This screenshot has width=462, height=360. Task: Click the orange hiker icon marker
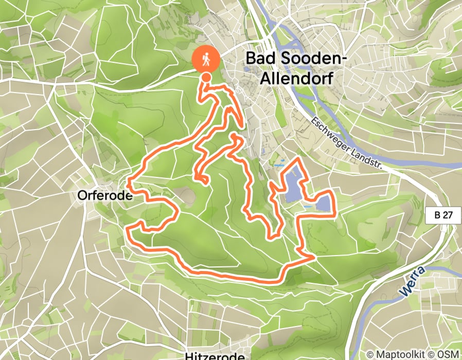pos(206,60)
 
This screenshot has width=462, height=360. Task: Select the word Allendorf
pos(296,78)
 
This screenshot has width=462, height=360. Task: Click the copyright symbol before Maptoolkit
pos(370,354)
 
